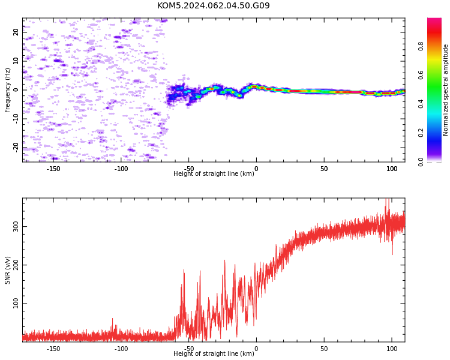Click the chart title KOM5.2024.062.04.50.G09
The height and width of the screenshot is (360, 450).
click(x=214, y=5)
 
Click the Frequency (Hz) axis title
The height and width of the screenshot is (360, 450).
click(x=7, y=90)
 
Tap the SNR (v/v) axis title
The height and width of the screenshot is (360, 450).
click(x=7, y=270)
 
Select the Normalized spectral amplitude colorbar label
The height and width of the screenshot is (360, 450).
click(x=445, y=90)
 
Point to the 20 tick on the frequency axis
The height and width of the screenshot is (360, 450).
click(x=16, y=32)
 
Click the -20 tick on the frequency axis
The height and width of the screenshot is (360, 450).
click(x=16, y=148)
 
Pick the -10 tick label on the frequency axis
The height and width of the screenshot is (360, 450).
click(x=16, y=119)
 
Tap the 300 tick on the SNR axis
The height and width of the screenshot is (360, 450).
click(x=16, y=227)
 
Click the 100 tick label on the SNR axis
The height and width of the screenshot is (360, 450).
click(x=16, y=304)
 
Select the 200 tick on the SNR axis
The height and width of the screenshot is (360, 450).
click(x=16, y=265)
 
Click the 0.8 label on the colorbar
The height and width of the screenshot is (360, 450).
click(x=421, y=46)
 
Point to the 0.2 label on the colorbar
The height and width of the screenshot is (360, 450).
click(x=421, y=133)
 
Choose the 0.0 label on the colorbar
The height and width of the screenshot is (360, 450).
click(x=421, y=162)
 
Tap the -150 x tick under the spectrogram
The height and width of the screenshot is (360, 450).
click(x=53, y=169)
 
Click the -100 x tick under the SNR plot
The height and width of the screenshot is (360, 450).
click(x=121, y=349)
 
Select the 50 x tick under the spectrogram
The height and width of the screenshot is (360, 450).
click(x=324, y=169)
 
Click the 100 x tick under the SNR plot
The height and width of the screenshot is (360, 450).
click(x=392, y=349)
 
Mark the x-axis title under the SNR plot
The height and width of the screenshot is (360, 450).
click(x=214, y=353)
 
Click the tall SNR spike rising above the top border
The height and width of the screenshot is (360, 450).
click(x=387, y=206)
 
